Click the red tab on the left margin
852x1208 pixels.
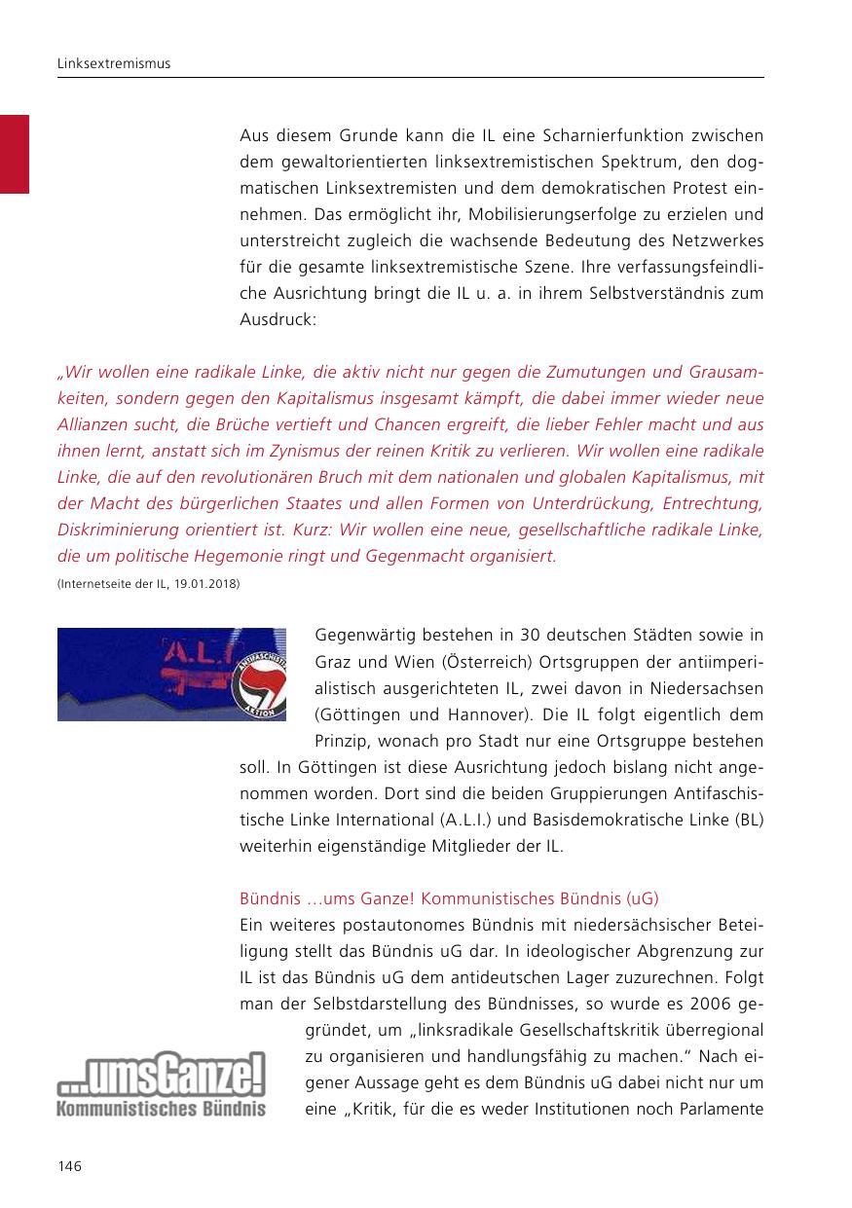[15, 154]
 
